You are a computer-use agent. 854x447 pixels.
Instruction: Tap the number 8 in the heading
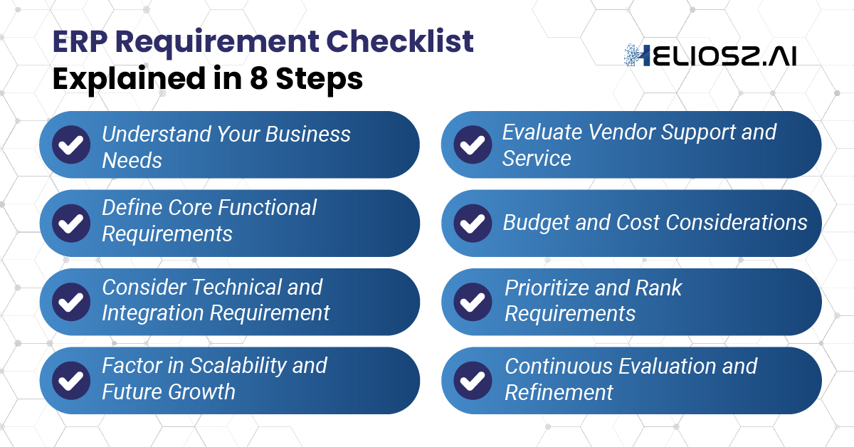260,78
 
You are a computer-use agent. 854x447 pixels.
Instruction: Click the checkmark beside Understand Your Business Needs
71,144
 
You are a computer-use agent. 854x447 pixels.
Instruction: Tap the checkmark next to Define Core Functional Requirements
71,223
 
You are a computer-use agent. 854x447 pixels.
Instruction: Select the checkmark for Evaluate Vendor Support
473,144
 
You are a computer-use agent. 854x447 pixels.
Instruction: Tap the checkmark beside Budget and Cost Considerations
473,223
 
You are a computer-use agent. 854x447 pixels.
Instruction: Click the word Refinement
559,392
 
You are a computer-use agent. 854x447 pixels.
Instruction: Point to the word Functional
267,208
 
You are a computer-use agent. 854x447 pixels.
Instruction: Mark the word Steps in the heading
320,78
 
